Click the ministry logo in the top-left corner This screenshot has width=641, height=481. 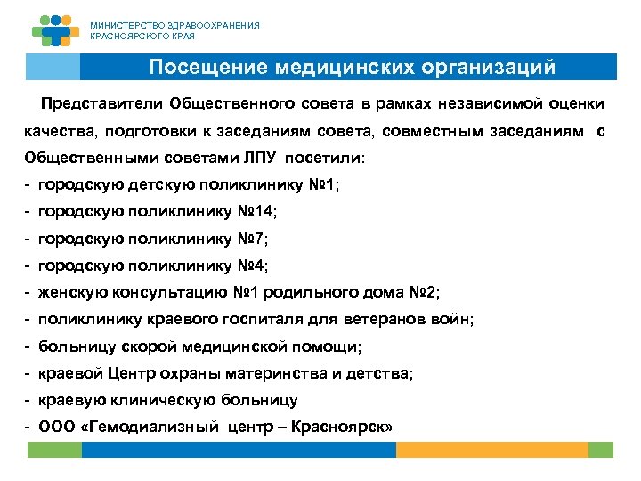(55, 30)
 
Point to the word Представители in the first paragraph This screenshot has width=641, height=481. (106, 103)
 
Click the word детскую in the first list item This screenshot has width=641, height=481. (148, 184)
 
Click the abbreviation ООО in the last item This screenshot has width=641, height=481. (58, 427)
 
